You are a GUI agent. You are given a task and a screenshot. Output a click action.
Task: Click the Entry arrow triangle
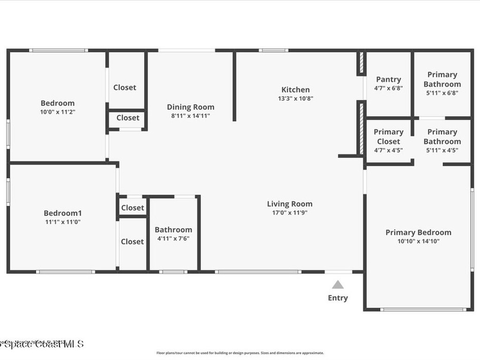click(x=338, y=285)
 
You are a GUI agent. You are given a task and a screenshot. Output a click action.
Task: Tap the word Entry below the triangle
click(x=338, y=298)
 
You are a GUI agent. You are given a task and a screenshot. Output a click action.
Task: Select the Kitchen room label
click(x=295, y=90)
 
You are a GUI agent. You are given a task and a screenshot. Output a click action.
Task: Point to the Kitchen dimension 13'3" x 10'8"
click(x=295, y=99)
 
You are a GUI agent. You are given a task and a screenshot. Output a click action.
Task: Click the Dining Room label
click(x=191, y=107)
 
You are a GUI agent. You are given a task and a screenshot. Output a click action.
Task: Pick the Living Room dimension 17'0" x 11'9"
click(x=290, y=213)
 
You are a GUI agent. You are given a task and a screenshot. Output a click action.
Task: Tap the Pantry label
click(x=389, y=79)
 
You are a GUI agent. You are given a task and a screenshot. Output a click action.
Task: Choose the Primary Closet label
click(x=389, y=136)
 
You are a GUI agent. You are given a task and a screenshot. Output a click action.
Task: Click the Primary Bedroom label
click(x=418, y=232)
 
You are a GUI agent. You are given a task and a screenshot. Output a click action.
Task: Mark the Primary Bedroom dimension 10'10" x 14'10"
click(x=418, y=241)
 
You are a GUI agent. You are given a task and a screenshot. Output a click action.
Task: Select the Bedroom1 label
click(x=63, y=213)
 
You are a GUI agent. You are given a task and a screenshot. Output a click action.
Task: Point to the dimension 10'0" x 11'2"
click(x=58, y=112)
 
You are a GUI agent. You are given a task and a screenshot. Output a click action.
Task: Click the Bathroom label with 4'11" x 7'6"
click(x=173, y=230)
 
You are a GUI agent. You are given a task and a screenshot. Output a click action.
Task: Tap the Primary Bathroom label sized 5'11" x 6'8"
click(x=442, y=79)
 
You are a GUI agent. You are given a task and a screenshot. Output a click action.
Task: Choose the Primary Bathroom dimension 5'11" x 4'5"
click(x=442, y=150)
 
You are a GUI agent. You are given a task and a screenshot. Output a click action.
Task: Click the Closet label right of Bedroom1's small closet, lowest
click(x=133, y=241)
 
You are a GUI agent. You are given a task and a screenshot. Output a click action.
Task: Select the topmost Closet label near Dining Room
click(x=125, y=87)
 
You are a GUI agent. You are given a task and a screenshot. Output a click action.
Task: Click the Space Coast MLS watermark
click(x=42, y=344)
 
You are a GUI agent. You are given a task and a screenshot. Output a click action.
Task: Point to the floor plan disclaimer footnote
click(x=240, y=353)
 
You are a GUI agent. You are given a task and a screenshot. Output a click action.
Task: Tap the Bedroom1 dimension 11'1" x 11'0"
click(x=63, y=222)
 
